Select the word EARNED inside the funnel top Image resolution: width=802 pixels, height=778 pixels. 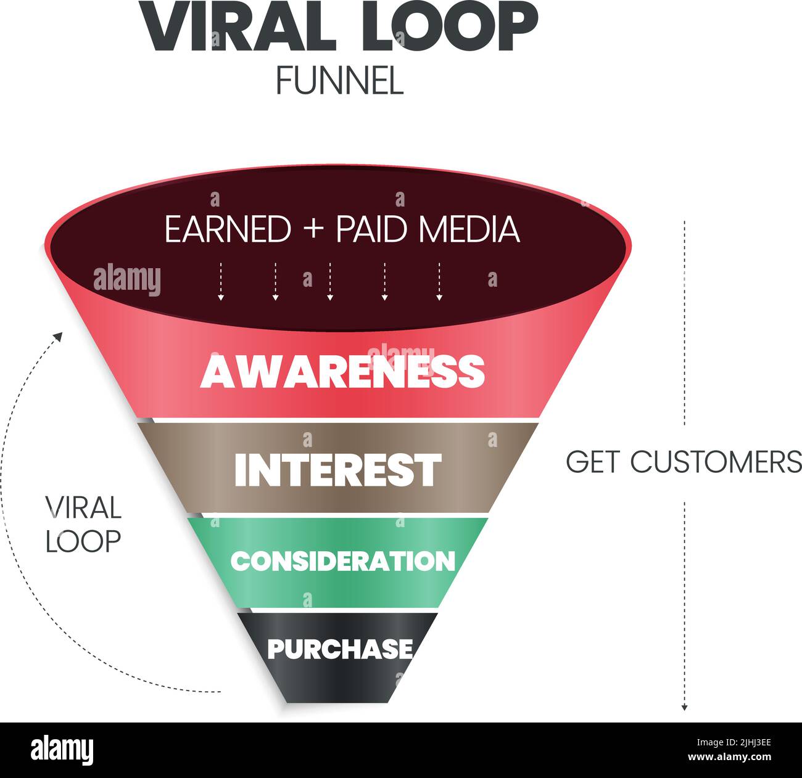click(x=228, y=229)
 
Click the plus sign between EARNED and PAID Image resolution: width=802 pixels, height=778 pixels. click(x=313, y=230)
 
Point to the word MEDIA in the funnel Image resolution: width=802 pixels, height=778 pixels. click(x=469, y=229)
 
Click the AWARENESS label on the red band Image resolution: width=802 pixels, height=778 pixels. click(x=342, y=371)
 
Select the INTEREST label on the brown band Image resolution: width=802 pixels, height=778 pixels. click(x=338, y=470)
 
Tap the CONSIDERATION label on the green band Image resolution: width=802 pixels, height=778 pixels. click(x=342, y=561)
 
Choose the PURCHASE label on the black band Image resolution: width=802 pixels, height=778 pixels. click(x=340, y=649)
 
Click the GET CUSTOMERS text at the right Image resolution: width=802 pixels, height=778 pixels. click(x=684, y=462)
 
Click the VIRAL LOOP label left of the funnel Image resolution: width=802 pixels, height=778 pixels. click(x=83, y=524)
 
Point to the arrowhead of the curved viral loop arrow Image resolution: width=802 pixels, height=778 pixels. click(x=59, y=336)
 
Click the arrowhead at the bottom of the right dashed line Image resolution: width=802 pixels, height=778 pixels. click(x=684, y=707)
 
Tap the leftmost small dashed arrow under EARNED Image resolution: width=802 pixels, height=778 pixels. click(x=220, y=282)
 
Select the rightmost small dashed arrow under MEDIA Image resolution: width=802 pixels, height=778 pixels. click(x=439, y=282)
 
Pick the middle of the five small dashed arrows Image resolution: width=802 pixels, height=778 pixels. click(x=330, y=282)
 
